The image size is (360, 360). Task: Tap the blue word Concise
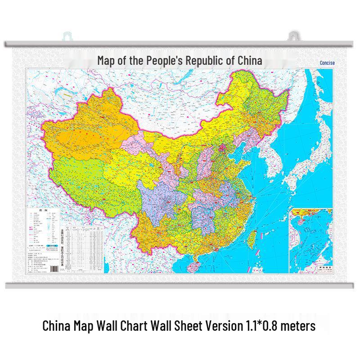327,63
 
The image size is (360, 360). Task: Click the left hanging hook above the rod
67,36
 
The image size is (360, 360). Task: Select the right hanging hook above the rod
293,36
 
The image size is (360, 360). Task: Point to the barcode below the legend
54,268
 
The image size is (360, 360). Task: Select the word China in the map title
248,60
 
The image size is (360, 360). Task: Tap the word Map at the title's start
106,60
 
